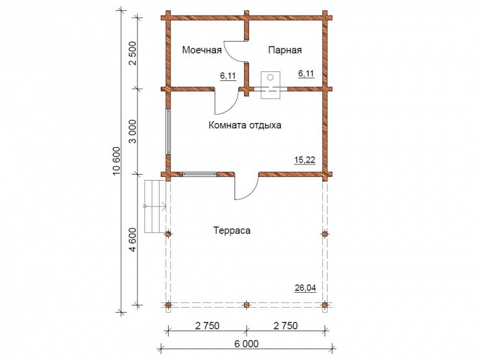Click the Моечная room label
[x=202, y=50]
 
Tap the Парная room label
[x=285, y=50]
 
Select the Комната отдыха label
[x=245, y=125]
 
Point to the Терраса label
[x=232, y=230]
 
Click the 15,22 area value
[x=305, y=160]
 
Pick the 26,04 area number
[x=305, y=288]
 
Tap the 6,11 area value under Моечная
[x=228, y=76]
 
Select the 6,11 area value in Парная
[x=306, y=73]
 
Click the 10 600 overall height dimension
[x=117, y=161]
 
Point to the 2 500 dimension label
[x=133, y=53]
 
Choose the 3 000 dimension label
[x=133, y=131]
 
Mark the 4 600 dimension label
[x=133, y=239]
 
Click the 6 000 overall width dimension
[x=247, y=344]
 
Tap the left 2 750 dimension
[x=207, y=326]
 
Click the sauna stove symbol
[x=271, y=85]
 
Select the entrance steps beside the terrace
[x=155, y=206]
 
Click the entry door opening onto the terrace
[x=247, y=187]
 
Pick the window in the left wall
[x=169, y=131]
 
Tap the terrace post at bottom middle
[x=247, y=305]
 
